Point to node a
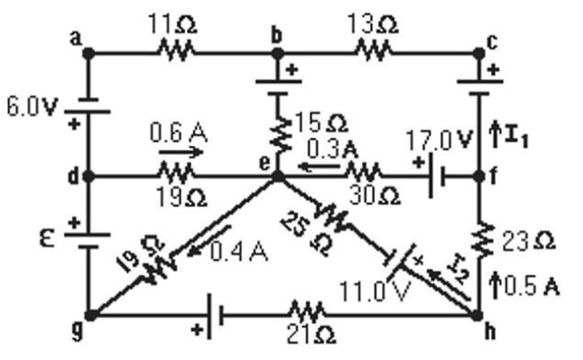pos(88,52)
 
